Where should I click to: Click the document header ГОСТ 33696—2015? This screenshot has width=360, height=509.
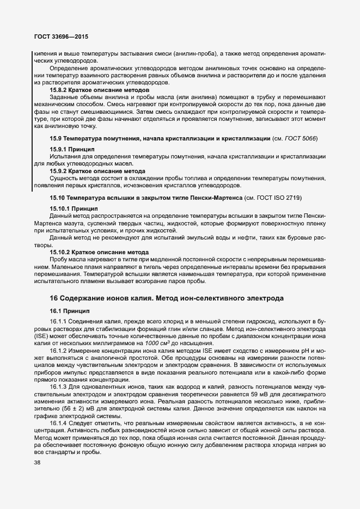[61, 37]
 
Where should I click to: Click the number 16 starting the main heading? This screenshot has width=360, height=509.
[54, 298]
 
